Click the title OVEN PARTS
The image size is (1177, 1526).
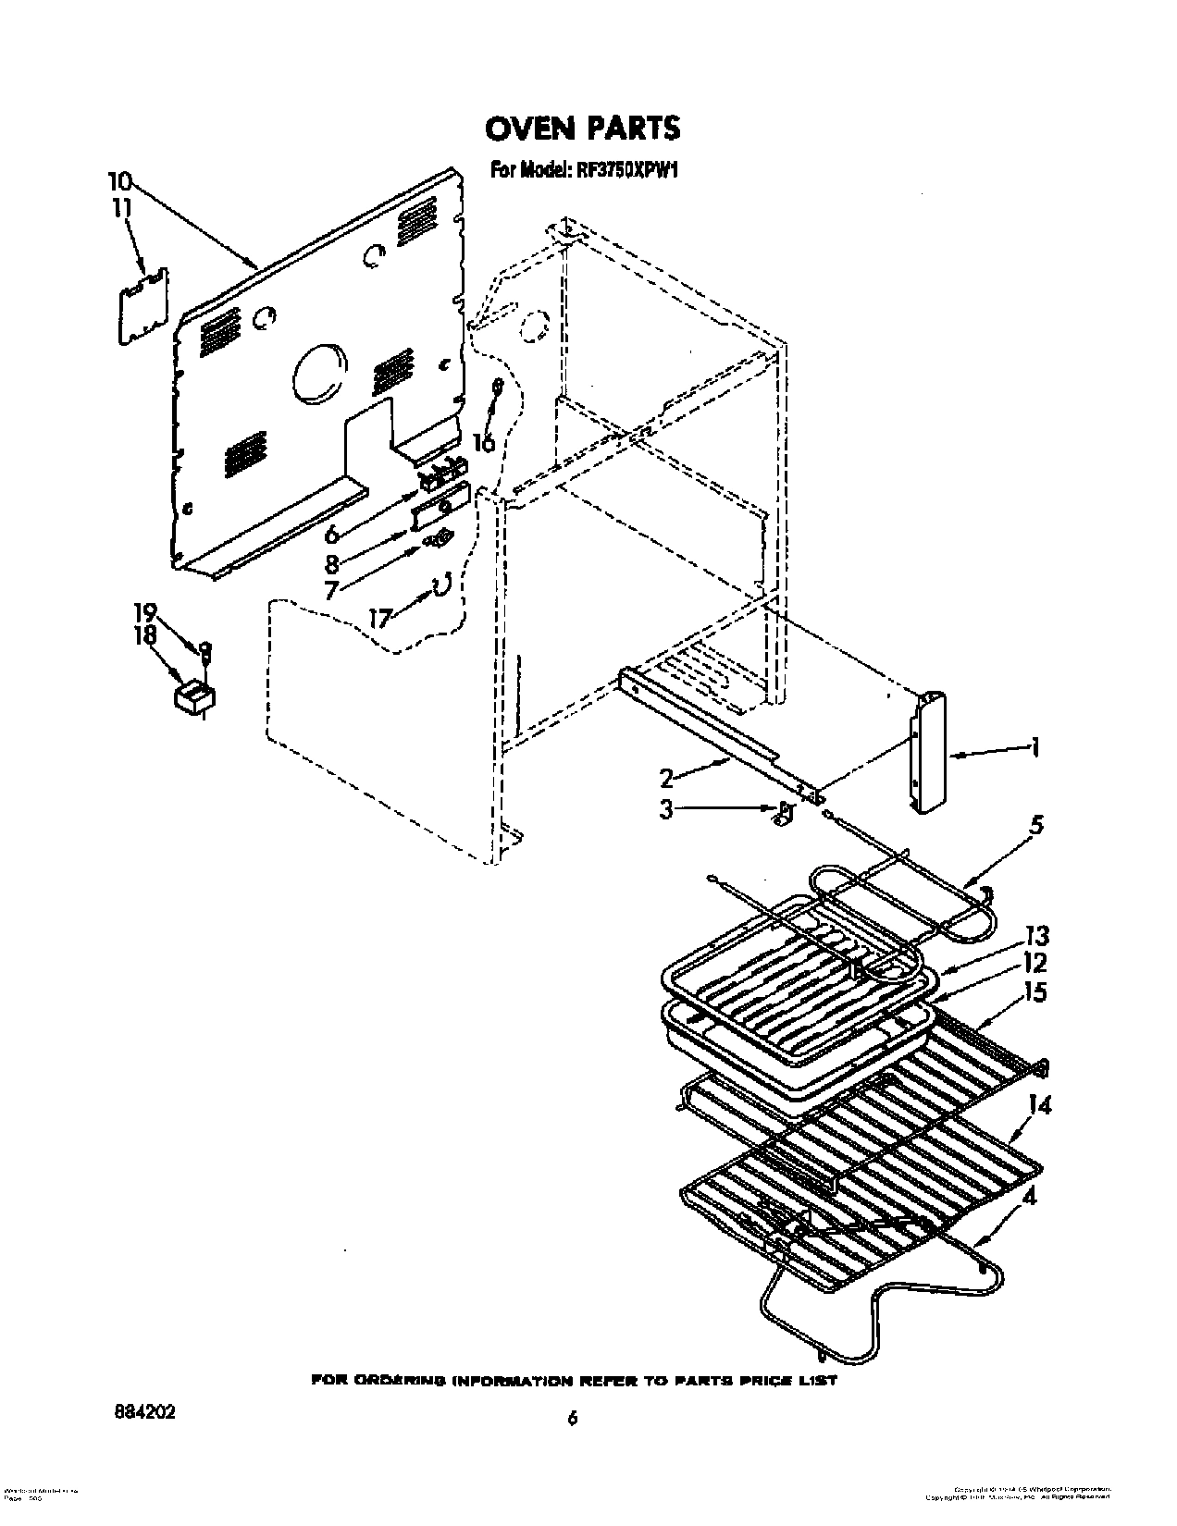[x=583, y=128]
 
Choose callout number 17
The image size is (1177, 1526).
[x=381, y=617]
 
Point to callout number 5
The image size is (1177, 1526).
[x=1036, y=825]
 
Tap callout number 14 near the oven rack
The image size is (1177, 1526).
[x=1039, y=1104]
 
